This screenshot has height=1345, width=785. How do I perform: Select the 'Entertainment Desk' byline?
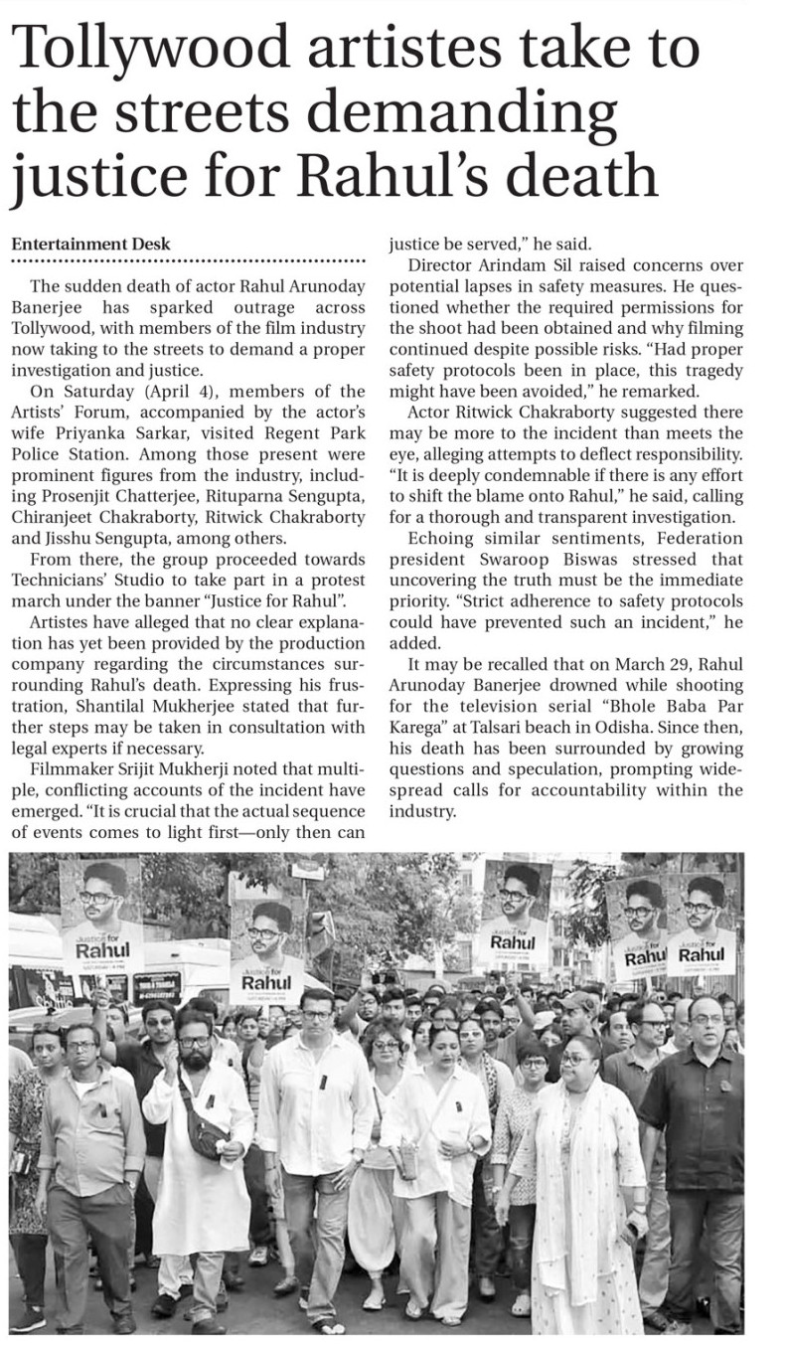coord(90,244)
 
